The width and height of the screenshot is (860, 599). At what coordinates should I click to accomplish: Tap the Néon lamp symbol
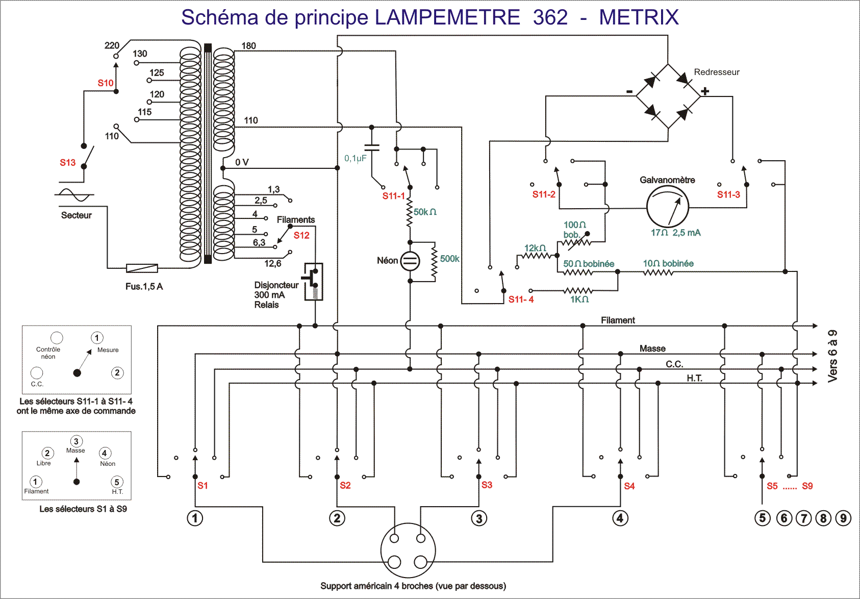(410, 261)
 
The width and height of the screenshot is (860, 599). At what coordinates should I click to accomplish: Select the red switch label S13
(67, 163)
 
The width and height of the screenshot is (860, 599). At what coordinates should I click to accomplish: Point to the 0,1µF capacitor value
(355, 158)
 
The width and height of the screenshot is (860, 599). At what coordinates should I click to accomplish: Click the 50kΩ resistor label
(425, 212)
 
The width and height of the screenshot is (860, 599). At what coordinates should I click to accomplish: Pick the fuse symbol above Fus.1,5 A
(142, 268)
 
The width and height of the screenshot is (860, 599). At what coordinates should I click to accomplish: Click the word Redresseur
(716, 72)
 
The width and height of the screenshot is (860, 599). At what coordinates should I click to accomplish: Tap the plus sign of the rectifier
(705, 91)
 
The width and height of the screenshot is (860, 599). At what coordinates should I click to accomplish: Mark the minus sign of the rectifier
(629, 92)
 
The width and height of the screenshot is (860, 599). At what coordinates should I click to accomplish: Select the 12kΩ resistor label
(535, 248)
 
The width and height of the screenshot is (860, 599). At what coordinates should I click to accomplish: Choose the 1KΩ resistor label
(579, 299)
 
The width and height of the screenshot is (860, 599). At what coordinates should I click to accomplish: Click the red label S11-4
(521, 299)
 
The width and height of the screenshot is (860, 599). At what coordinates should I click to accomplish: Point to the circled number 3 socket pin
(479, 518)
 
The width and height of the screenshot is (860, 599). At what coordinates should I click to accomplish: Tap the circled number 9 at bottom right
(843, 518)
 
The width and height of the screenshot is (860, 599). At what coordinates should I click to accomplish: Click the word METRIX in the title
(639, 17)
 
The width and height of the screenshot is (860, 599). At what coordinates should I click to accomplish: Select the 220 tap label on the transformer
(112, 45)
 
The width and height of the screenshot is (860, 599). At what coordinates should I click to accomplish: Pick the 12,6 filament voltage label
(272, 264)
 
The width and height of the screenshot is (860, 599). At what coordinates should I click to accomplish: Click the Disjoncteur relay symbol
(313, 281)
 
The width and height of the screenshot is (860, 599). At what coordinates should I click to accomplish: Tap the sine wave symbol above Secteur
(74, 195)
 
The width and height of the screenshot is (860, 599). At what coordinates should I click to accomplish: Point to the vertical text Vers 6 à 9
(832, 356)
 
